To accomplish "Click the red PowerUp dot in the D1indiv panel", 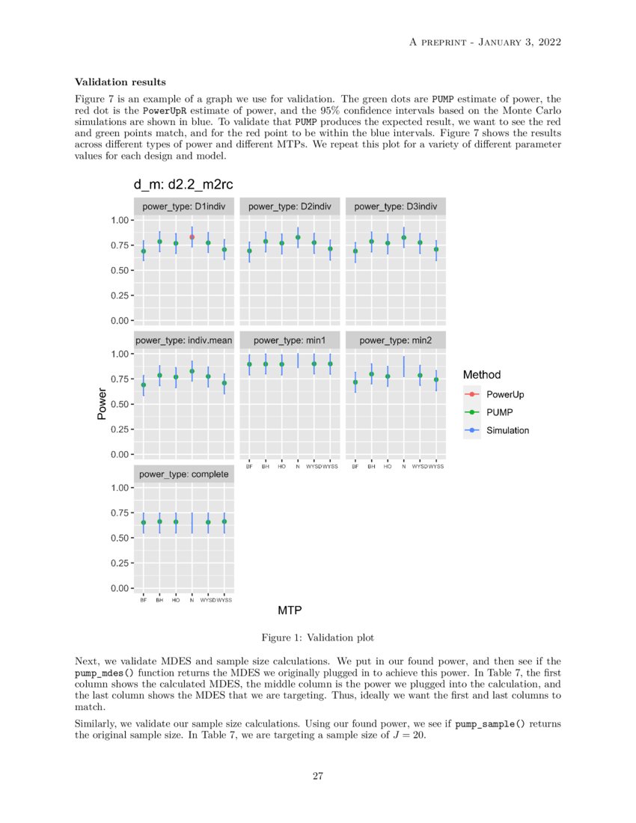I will coord(192,237).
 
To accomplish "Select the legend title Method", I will coord(482,374).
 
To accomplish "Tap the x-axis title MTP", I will coord(290,611).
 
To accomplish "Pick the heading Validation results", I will coord(120,82).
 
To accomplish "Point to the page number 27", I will coord(317,776).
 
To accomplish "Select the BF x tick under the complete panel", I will coord(143,600).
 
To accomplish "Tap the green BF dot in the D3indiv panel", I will coord(355,251).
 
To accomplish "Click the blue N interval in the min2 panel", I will coord(404,367).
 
